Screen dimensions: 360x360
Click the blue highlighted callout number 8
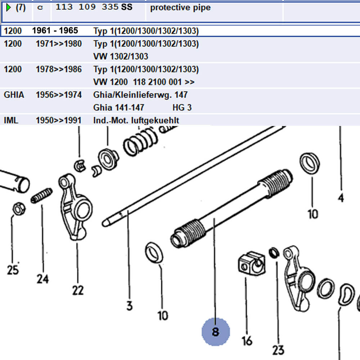(x=215, y=332)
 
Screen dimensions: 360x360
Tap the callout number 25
(x=13, y=269)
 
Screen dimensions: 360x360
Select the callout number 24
(x=42, y=278)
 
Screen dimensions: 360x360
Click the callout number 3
(x=129, y=306)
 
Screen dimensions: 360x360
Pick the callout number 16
(x=247, y=340)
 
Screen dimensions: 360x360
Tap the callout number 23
(x=278, y=349)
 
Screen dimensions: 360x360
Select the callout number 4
(x=341, y=197)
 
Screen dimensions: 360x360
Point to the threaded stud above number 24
(x=41, y=195)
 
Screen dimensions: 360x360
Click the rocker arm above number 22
(x=76, y=205)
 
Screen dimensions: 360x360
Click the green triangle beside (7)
(x=9, y=8)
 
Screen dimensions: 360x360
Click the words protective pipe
(x=180, y=8)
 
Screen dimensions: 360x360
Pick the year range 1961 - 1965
(x=55, y=31)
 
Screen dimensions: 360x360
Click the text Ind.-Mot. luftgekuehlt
(x=136, y=121)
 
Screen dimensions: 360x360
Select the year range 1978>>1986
(x=59, y=69)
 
